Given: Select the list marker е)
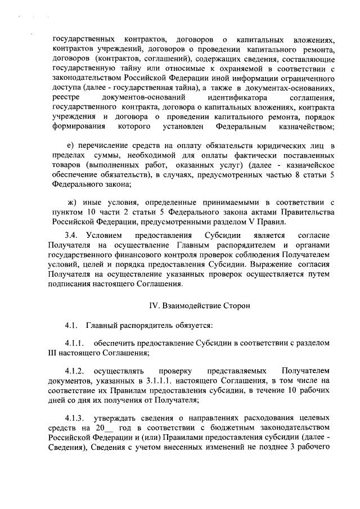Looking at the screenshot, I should click(70, 146).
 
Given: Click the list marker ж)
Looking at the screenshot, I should click(71, 201).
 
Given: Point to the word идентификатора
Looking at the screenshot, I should click(230, 98).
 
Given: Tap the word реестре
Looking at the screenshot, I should click(66, 98).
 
